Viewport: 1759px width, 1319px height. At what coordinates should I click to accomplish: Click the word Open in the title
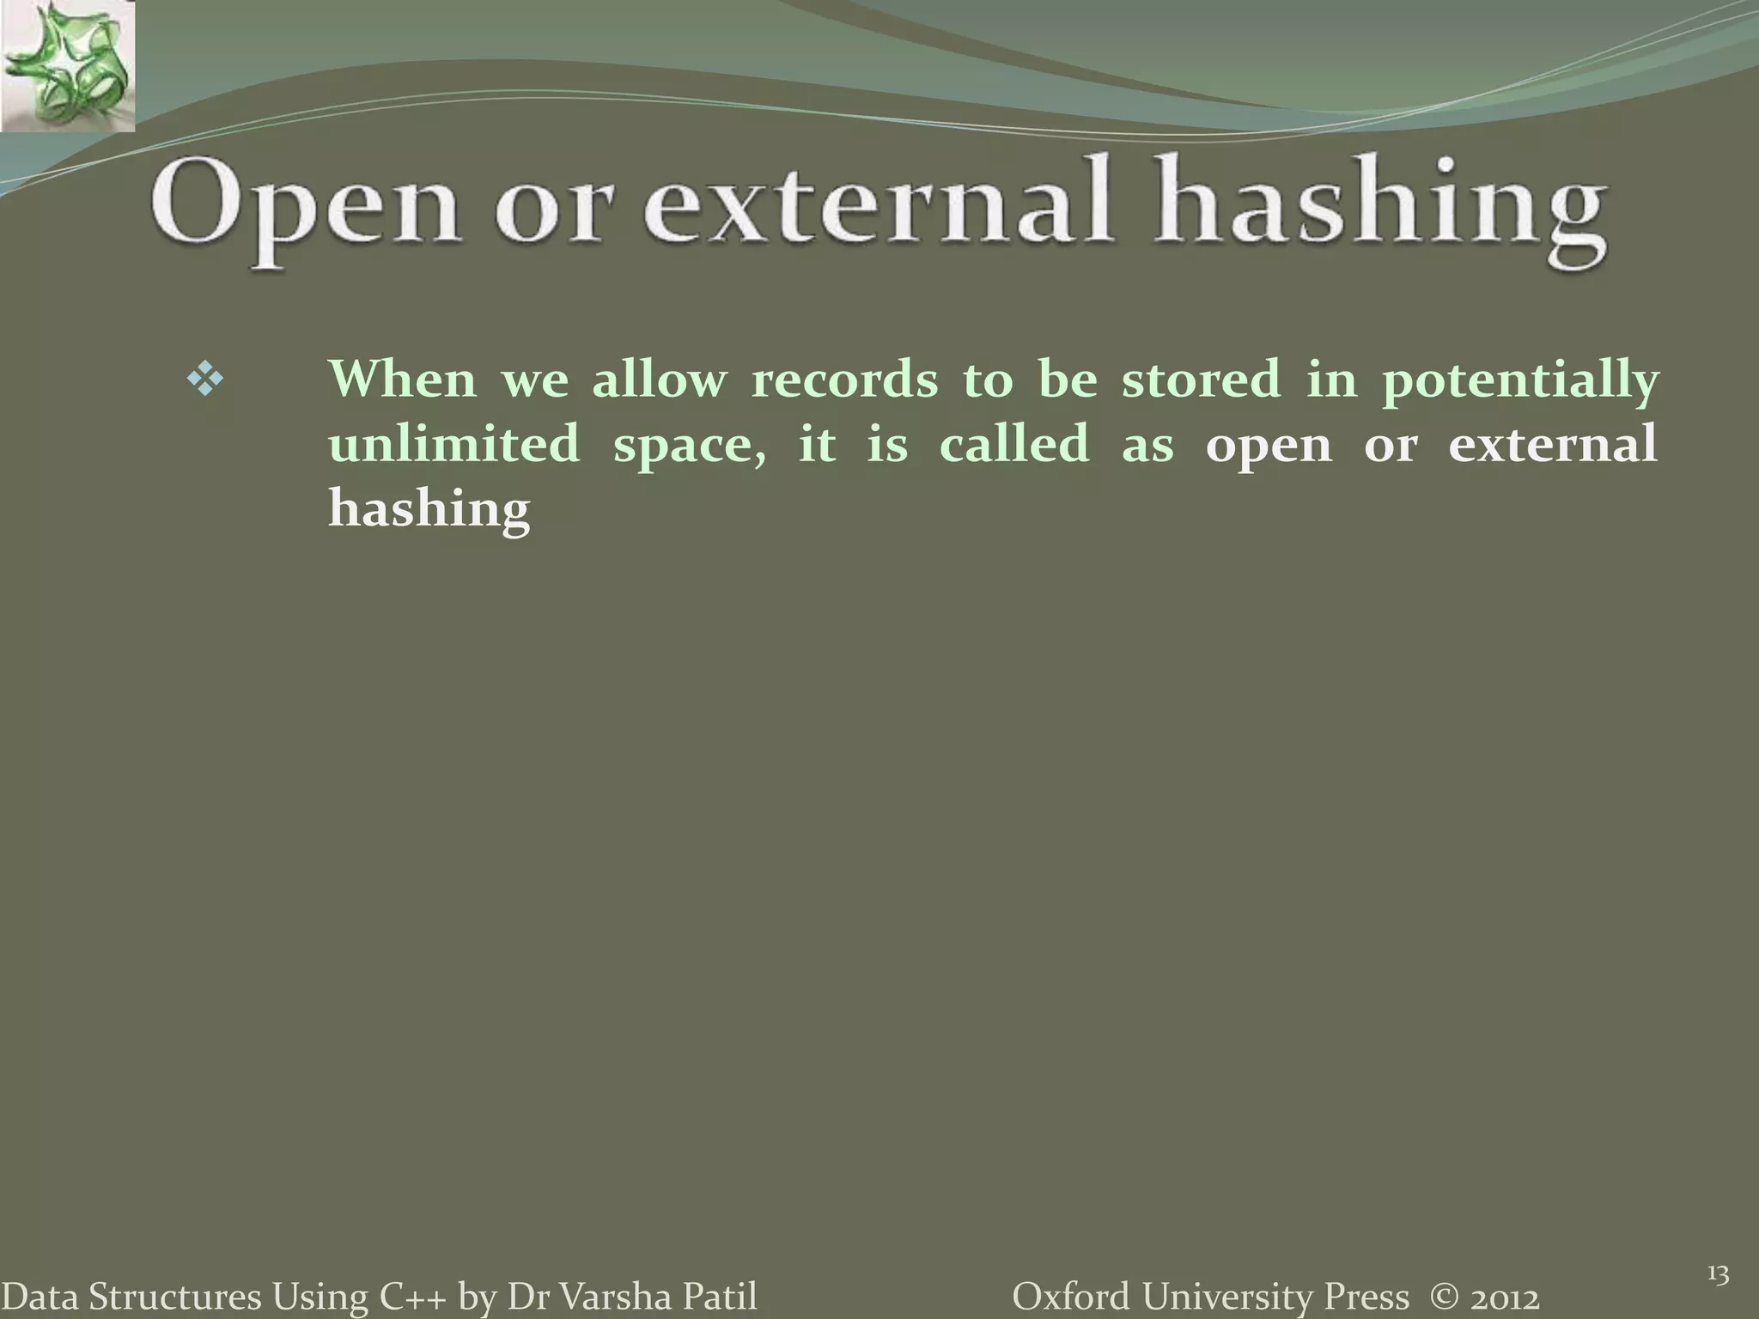305,210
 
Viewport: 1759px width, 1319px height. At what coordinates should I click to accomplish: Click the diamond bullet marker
204,379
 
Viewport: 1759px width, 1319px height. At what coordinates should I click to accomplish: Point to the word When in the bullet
402,379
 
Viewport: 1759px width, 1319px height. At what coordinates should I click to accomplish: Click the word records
844,379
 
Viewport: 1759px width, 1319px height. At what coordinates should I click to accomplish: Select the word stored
1201,379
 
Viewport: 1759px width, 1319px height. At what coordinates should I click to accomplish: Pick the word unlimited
454,444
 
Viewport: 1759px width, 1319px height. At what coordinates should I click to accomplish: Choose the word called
1014,444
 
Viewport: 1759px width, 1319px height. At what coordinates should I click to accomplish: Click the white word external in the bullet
1552,444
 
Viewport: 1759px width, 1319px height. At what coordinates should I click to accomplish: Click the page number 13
1718,1274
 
